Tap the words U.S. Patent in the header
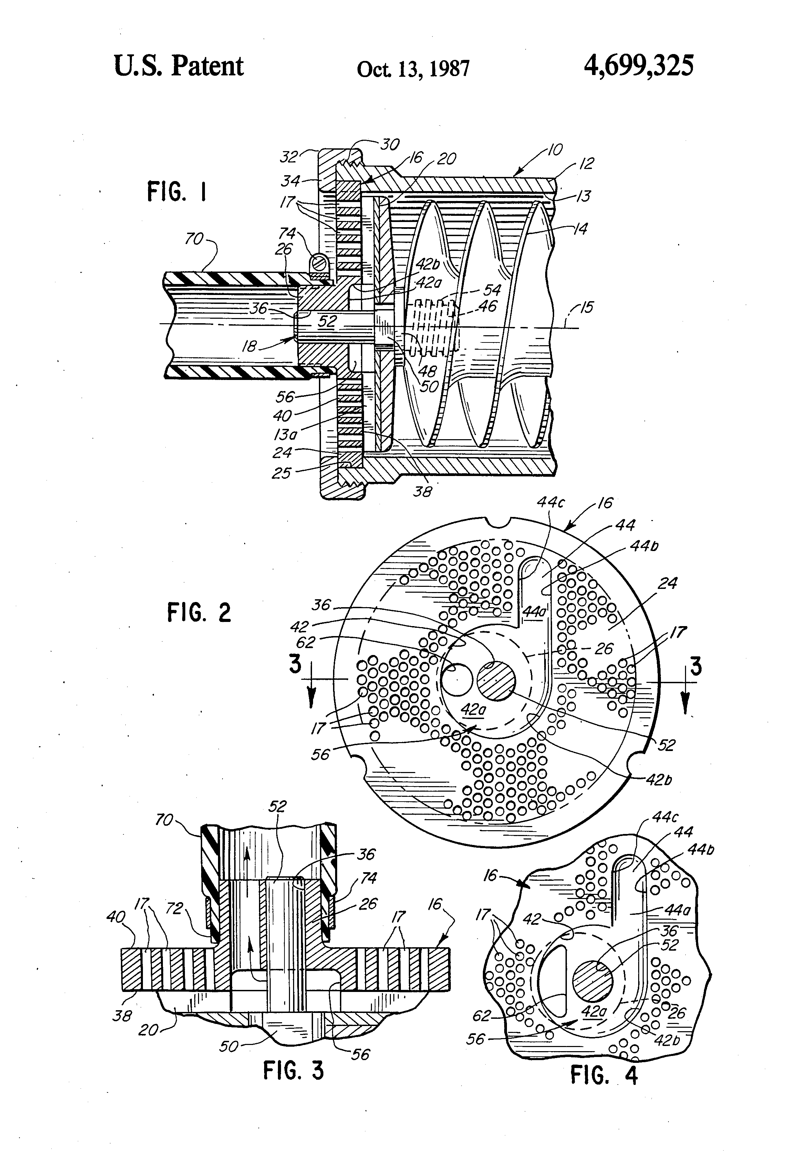coord(179,66)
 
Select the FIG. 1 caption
coord(177,192)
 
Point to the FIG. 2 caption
coord(199,612)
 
